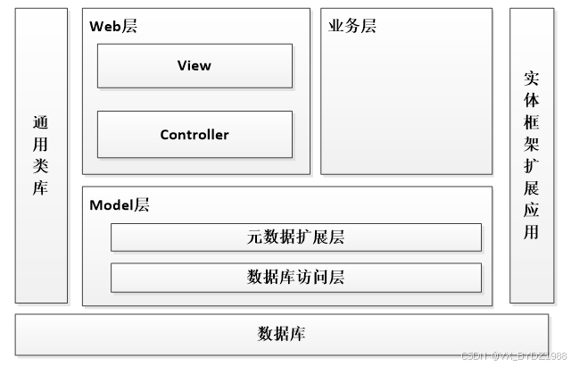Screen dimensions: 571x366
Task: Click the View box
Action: point(194,66)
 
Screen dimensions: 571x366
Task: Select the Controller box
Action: point(194,134)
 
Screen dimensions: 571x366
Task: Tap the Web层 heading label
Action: point(113,27)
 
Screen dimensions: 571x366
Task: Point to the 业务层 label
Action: point(352,27)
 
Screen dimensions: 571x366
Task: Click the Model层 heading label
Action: point(120,205)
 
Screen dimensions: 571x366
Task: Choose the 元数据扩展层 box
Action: point(295,237)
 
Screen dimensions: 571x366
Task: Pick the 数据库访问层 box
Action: point(295,278)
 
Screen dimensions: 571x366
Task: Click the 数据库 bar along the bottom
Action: point(282,334)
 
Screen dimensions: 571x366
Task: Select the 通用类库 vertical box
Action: point(41,155)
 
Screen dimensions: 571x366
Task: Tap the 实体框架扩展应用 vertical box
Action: point(532,155)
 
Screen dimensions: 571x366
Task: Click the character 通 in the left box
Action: point(41,123)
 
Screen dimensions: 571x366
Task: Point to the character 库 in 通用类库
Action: point(41,188)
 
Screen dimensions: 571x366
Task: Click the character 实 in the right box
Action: point(532,78)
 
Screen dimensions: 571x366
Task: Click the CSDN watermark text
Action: point(509,356)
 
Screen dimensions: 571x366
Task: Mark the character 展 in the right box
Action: point(532,188)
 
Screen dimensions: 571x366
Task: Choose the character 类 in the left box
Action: point(41,167)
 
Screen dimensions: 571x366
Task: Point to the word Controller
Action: point(194,135)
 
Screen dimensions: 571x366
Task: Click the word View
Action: point(194,66)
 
